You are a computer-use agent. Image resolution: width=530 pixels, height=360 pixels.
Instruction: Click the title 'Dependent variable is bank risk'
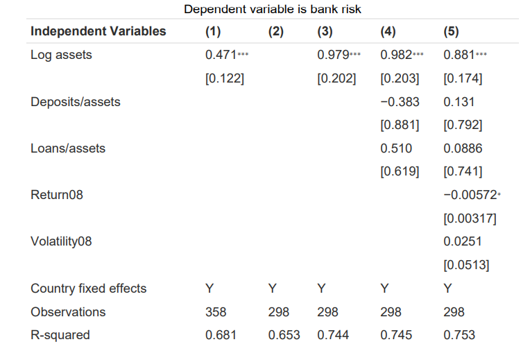click(x=273, y=9)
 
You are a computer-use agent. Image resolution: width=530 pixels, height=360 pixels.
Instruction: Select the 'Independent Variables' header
click(x=99, y=31)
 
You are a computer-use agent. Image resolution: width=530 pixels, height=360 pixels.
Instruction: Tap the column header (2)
click(x=276, y=31)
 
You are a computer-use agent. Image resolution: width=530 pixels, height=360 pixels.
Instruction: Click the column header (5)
click(x=451, y=31)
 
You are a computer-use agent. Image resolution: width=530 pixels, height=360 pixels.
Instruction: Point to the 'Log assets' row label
click(x=61, y=55)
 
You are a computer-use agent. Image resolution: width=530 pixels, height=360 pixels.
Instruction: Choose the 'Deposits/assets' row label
click(x=75, y=102)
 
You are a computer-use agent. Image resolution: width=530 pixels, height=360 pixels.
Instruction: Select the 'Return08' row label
click(x=56, y=195)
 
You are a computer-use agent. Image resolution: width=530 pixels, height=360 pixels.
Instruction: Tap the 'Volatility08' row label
click(x=61, y=241)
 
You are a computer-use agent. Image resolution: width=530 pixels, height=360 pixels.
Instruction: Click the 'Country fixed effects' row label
click(x=89, y=289)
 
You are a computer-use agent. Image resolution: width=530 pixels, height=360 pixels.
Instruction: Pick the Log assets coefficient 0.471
click(x=220, y=55)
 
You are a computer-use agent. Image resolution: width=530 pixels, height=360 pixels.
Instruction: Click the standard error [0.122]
click(x=225, y=78)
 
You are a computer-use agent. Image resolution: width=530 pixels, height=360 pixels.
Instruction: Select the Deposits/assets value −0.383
click(x=400, y=102)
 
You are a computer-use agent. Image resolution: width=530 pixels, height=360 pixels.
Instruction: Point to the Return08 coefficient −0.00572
click(x=469, y=195)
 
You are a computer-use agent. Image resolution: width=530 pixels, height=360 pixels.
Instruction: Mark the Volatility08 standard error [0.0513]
click(x=466, y=265)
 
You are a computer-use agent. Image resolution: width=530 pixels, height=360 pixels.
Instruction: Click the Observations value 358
click(x=216, y=312)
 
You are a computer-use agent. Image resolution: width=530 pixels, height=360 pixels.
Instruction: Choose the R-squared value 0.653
click(x=284, y=335)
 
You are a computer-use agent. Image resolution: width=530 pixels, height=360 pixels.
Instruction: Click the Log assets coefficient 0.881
click(x=459, y=55)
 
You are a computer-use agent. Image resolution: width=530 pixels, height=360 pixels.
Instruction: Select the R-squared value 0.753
click(x=459, y=335)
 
